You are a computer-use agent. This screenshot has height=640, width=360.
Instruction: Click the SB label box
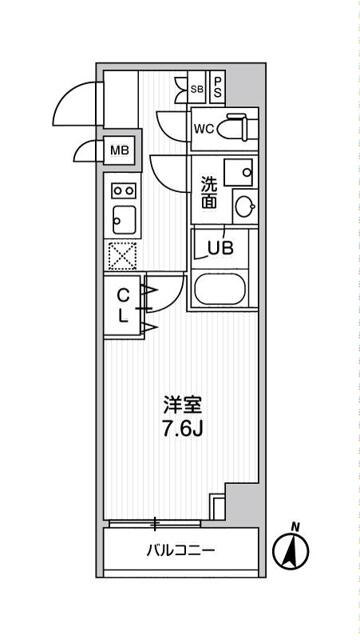[x=196, y=88]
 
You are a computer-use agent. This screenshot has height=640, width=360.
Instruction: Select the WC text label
[x=203, y=129]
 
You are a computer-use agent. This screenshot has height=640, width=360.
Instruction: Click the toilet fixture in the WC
[x=237, y=129]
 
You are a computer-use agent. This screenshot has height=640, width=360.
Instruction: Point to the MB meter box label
[x=119, y=151]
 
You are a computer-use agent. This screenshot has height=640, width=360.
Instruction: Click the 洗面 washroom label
[x=208, y=193]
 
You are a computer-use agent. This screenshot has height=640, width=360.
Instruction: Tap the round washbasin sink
[x=244, y=206]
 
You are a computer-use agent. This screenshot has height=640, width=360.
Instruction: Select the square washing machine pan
[x=239, y=171]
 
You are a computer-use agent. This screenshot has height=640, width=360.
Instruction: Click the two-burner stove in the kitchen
[x=124, y=189]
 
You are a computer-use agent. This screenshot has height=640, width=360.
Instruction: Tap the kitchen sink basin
[x=124, y=217]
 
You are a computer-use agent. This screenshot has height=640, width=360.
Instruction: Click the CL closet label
[x=122, y=305]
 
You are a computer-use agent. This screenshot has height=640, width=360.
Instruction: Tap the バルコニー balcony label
[x=181, y=550]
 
